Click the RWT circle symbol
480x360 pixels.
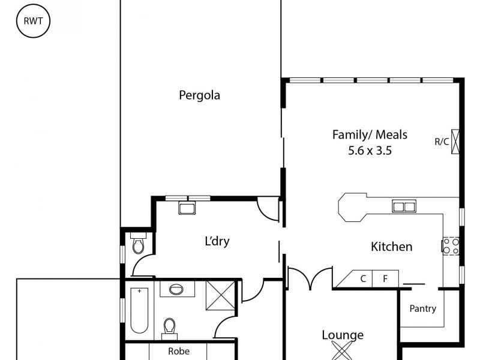tap(33, 22)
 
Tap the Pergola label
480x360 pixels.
tap(199, 95)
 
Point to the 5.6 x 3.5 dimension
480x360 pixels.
tap(370, 151)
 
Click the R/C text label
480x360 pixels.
tap(442, 142)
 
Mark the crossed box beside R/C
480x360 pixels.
tap(456, 142)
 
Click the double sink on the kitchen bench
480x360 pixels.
tap(404, 207)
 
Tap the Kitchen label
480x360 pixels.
tap(391, 246)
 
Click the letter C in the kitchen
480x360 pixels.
tap(363, 278)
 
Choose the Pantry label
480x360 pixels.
tap(422, 309)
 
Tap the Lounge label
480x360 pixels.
tap(343, 335)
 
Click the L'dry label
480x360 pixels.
tap(217, 242)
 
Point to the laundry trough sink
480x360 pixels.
tap(186, 209)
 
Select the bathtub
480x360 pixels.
tap(139, 310)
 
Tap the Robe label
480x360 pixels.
tap(179, 352)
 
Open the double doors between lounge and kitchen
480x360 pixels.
tap(310, 278)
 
